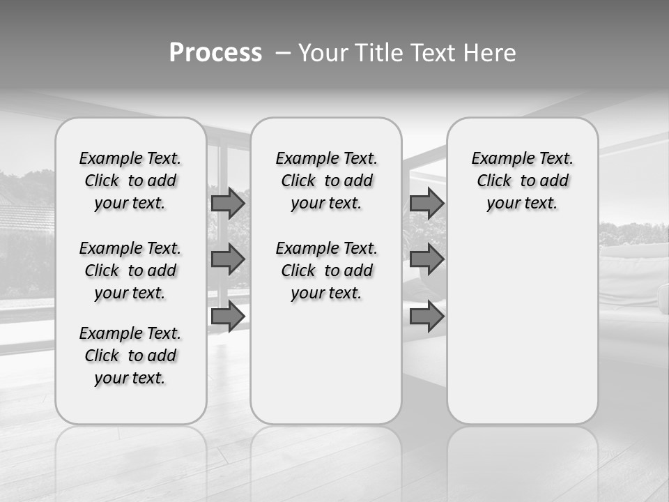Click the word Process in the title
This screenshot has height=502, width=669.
(x=215, y=53)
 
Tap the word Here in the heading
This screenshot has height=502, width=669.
(x=491, y=53)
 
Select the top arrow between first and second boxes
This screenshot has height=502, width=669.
(x=228, y=203)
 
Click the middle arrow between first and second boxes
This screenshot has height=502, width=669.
(x=228, y=259)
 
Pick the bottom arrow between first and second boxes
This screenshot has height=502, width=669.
(x=228, y=317)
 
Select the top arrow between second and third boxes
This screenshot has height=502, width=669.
(x=426, y=203)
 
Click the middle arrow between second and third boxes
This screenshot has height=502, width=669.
(x=426, y=259)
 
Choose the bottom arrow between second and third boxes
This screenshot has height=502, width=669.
(x=426, y=317)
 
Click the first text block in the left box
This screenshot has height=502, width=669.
(x=130, y=181)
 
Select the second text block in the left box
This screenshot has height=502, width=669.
(x=130, y=271)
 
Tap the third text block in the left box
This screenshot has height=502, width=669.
(x=130, y=356)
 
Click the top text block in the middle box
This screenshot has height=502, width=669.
(x=327, y=181)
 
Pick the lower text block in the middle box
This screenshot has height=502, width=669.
(x=327, y=271)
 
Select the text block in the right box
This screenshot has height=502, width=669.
(x=523, y=181)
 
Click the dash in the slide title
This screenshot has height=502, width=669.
(x=282, y=53)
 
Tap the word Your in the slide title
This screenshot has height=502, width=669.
(x=323, y=53)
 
